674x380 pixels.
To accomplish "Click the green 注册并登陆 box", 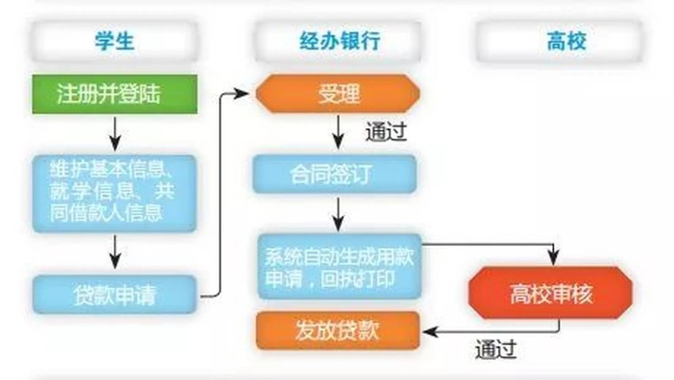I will (114, 94).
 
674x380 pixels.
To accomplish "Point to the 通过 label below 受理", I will (384, 132).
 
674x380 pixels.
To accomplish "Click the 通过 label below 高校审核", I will (494, 350).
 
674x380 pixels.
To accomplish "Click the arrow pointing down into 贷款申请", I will (114, 253).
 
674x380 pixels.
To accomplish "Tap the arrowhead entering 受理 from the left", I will (248, 94).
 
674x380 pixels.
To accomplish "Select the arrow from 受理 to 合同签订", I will (335, 133).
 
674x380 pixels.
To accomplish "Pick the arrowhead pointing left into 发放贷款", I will (427, 330).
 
